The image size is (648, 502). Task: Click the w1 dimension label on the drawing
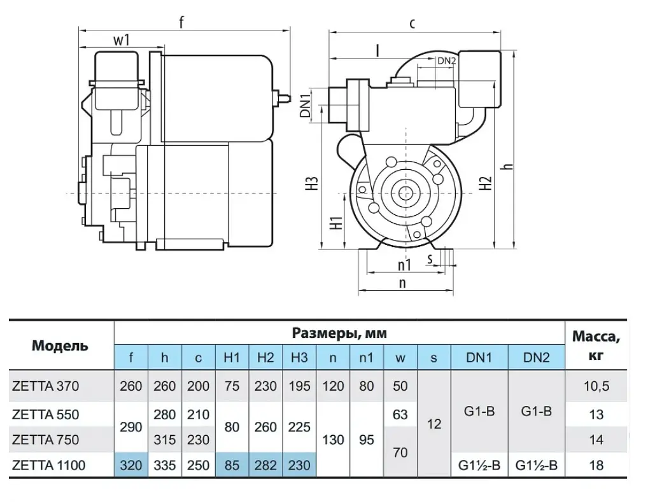(122, 40)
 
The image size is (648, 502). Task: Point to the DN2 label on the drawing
(447, 60)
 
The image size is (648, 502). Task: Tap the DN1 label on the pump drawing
(305, 106)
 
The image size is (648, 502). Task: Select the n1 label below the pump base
(405, 265)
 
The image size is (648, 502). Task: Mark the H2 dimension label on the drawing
(486, 183)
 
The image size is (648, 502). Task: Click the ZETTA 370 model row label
(45, 386)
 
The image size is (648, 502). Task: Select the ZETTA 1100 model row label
(49, 465)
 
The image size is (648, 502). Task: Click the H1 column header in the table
(232, 358)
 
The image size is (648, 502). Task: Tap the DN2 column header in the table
(536, 358)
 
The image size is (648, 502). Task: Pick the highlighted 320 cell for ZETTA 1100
(131, 465)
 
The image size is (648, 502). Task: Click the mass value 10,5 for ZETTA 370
(596, 386)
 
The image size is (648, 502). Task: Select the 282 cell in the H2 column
(265, 465)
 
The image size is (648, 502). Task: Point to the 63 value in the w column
(400, 414)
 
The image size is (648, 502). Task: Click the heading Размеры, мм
(339, 333)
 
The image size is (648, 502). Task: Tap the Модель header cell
(60, 345)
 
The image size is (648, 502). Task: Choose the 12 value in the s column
(434, 424)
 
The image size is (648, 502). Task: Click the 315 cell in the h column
(164, 440)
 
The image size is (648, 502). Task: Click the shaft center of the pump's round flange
(404, 193)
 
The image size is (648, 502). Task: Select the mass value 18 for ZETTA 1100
(596, 465)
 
